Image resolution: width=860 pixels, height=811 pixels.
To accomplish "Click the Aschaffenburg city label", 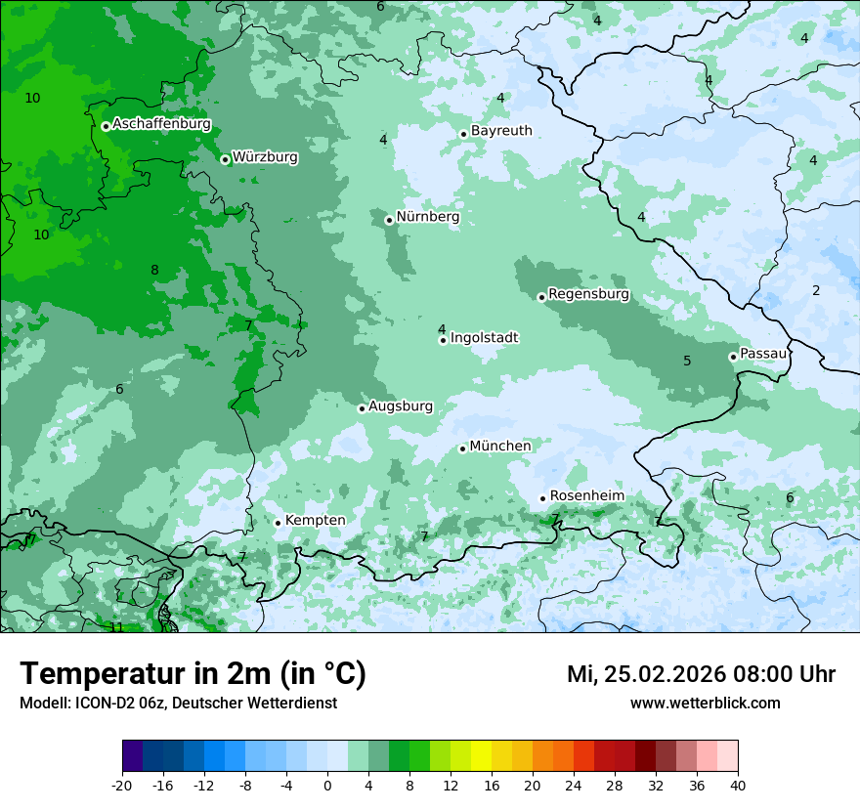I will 161,124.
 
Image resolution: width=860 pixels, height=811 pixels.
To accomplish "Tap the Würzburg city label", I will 265,157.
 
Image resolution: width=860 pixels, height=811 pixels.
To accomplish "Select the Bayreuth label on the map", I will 501,131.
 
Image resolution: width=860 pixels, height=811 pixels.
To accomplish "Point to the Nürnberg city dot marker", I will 389,220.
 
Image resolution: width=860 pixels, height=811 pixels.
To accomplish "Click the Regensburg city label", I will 588,294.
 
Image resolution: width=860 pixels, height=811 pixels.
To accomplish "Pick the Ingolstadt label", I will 484,338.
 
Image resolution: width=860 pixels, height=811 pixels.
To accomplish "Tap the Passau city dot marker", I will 733,357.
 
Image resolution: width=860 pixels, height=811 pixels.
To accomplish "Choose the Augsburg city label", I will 401,406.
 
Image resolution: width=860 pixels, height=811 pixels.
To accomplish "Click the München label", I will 500,447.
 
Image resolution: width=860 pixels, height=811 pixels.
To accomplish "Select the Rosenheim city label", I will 586,496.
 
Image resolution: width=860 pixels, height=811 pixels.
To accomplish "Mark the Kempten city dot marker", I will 278,523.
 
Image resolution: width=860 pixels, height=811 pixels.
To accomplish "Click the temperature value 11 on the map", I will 116,627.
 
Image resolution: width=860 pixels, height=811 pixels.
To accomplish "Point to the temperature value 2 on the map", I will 816,290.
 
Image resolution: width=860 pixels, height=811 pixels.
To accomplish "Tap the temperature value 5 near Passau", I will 687,361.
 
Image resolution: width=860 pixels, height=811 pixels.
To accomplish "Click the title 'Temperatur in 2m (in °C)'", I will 193,674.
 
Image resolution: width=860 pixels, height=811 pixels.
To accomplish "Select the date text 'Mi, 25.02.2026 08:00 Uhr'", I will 701,674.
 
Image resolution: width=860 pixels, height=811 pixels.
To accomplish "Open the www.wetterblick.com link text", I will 705,704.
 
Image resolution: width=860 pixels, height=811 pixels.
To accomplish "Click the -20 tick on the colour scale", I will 122,786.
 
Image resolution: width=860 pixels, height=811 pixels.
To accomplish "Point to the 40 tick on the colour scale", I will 738,786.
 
